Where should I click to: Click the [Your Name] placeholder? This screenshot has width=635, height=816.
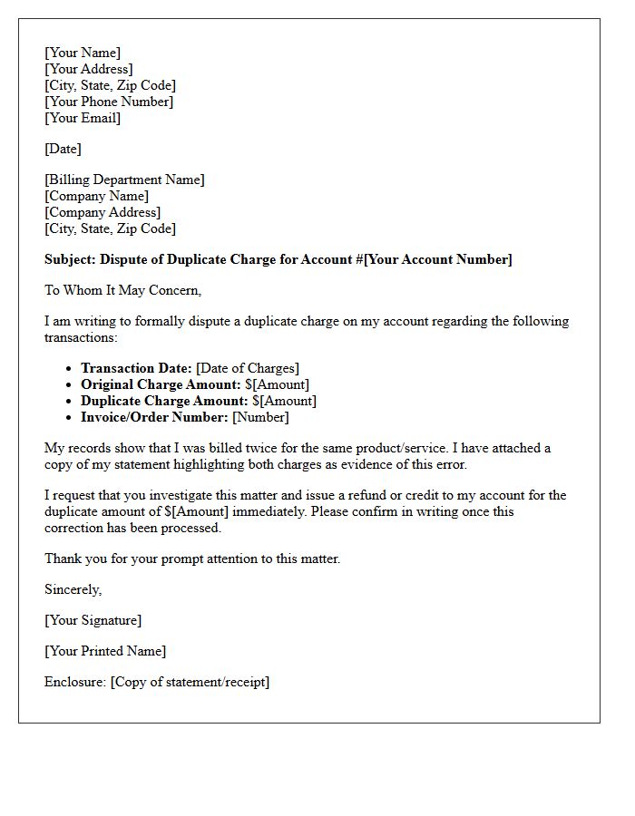point(83,53)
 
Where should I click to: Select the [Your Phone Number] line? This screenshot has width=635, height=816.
point(109,102)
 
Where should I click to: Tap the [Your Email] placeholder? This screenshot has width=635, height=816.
point(83,118)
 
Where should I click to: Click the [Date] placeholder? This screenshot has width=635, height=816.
point(63,149)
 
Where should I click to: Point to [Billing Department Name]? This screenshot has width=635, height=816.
point(124,180)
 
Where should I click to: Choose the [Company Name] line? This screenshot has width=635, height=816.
point(96,196)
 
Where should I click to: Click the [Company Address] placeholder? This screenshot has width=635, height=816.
point(103,212)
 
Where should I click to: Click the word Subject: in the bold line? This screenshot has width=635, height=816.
point(71,259)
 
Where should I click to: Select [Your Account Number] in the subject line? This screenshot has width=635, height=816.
point(437,259)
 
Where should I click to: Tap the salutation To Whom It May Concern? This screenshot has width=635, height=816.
point(122,290)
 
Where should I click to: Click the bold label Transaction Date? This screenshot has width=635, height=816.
point(136,368)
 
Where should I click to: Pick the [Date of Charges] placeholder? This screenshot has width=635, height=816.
point(248,368)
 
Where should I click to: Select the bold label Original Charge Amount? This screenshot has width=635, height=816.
point(161,384)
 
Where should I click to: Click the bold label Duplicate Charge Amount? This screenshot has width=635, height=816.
point(164,401)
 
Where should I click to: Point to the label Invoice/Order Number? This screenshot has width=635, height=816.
point(154,417)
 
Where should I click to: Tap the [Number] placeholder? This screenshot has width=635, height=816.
point(260,417)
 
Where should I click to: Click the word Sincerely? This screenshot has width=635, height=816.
point(73,589)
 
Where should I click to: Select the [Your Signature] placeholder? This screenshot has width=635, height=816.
point(93,620)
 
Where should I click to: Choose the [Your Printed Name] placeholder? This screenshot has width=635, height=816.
point(105,651)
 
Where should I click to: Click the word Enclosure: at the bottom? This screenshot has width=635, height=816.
point(75,682)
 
